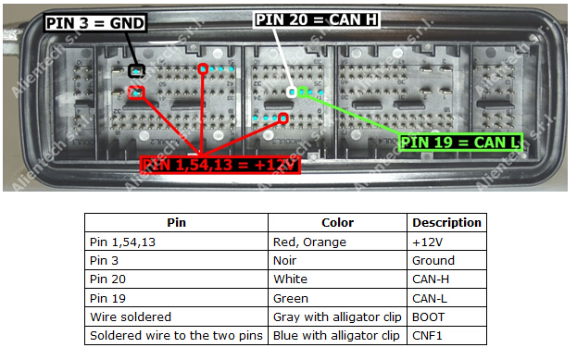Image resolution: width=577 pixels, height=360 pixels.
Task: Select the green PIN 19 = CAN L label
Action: coord(459,142)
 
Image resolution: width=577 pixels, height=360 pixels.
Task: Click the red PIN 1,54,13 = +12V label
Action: coord(222,165)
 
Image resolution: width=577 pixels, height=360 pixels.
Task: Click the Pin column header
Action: coord(176,223)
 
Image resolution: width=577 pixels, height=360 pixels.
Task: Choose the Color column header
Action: coord(337,223)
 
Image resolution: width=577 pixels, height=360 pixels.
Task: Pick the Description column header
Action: coord(446,223)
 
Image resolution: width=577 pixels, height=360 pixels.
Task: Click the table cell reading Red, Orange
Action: coord(310,242)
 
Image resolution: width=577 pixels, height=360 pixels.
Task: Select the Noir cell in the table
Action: coord(286,261)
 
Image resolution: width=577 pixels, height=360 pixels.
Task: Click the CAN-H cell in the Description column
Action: coord(432,279)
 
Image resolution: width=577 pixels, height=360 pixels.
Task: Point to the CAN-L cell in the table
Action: coord(431,298)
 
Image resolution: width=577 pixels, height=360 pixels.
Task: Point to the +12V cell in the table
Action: coord(427,242)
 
